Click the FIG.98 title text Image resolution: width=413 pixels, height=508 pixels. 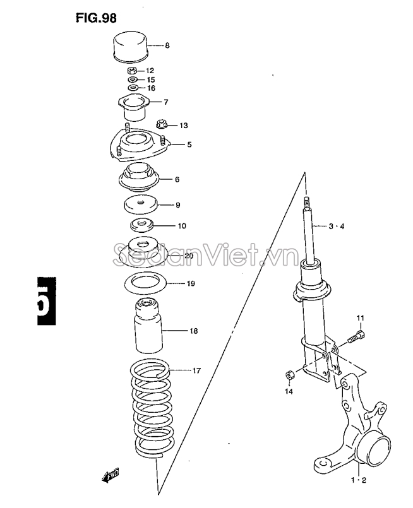pos(96,18)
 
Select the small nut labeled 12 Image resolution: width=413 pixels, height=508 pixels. pos(131,70)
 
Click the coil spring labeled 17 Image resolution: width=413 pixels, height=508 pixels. pos(152,408)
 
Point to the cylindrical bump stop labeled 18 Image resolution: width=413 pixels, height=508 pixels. pos(148,326)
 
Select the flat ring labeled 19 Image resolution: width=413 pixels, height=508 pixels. pos(145,283)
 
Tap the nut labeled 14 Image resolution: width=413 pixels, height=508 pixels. pos(289,375)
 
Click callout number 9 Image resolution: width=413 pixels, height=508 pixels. pos(177,205)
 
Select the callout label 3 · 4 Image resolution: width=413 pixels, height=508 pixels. pos(336,226)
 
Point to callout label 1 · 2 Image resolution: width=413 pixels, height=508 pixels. pos(358,480)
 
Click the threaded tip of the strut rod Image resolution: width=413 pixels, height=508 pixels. pos(306,203)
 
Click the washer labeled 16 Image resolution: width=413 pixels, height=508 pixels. pos(133,88)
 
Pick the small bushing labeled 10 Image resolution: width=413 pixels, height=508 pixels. pos(141,225)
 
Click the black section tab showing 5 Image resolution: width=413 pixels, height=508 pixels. pos(47,301)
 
